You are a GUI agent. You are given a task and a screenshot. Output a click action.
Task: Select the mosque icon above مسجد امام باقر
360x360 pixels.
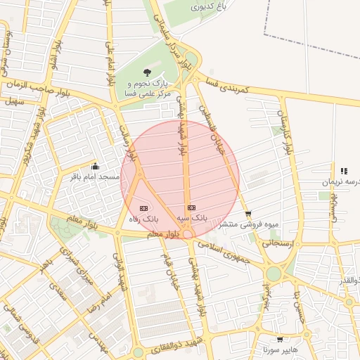96,167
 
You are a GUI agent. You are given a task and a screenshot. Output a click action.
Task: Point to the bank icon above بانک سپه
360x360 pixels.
191,208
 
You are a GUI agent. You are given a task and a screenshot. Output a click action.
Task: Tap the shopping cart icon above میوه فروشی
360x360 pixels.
247,214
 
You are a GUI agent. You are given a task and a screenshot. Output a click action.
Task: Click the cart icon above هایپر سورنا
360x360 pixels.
280,339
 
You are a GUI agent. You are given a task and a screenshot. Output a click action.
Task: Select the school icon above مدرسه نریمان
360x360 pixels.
344,171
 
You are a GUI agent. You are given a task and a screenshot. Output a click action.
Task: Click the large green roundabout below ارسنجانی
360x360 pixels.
274,273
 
